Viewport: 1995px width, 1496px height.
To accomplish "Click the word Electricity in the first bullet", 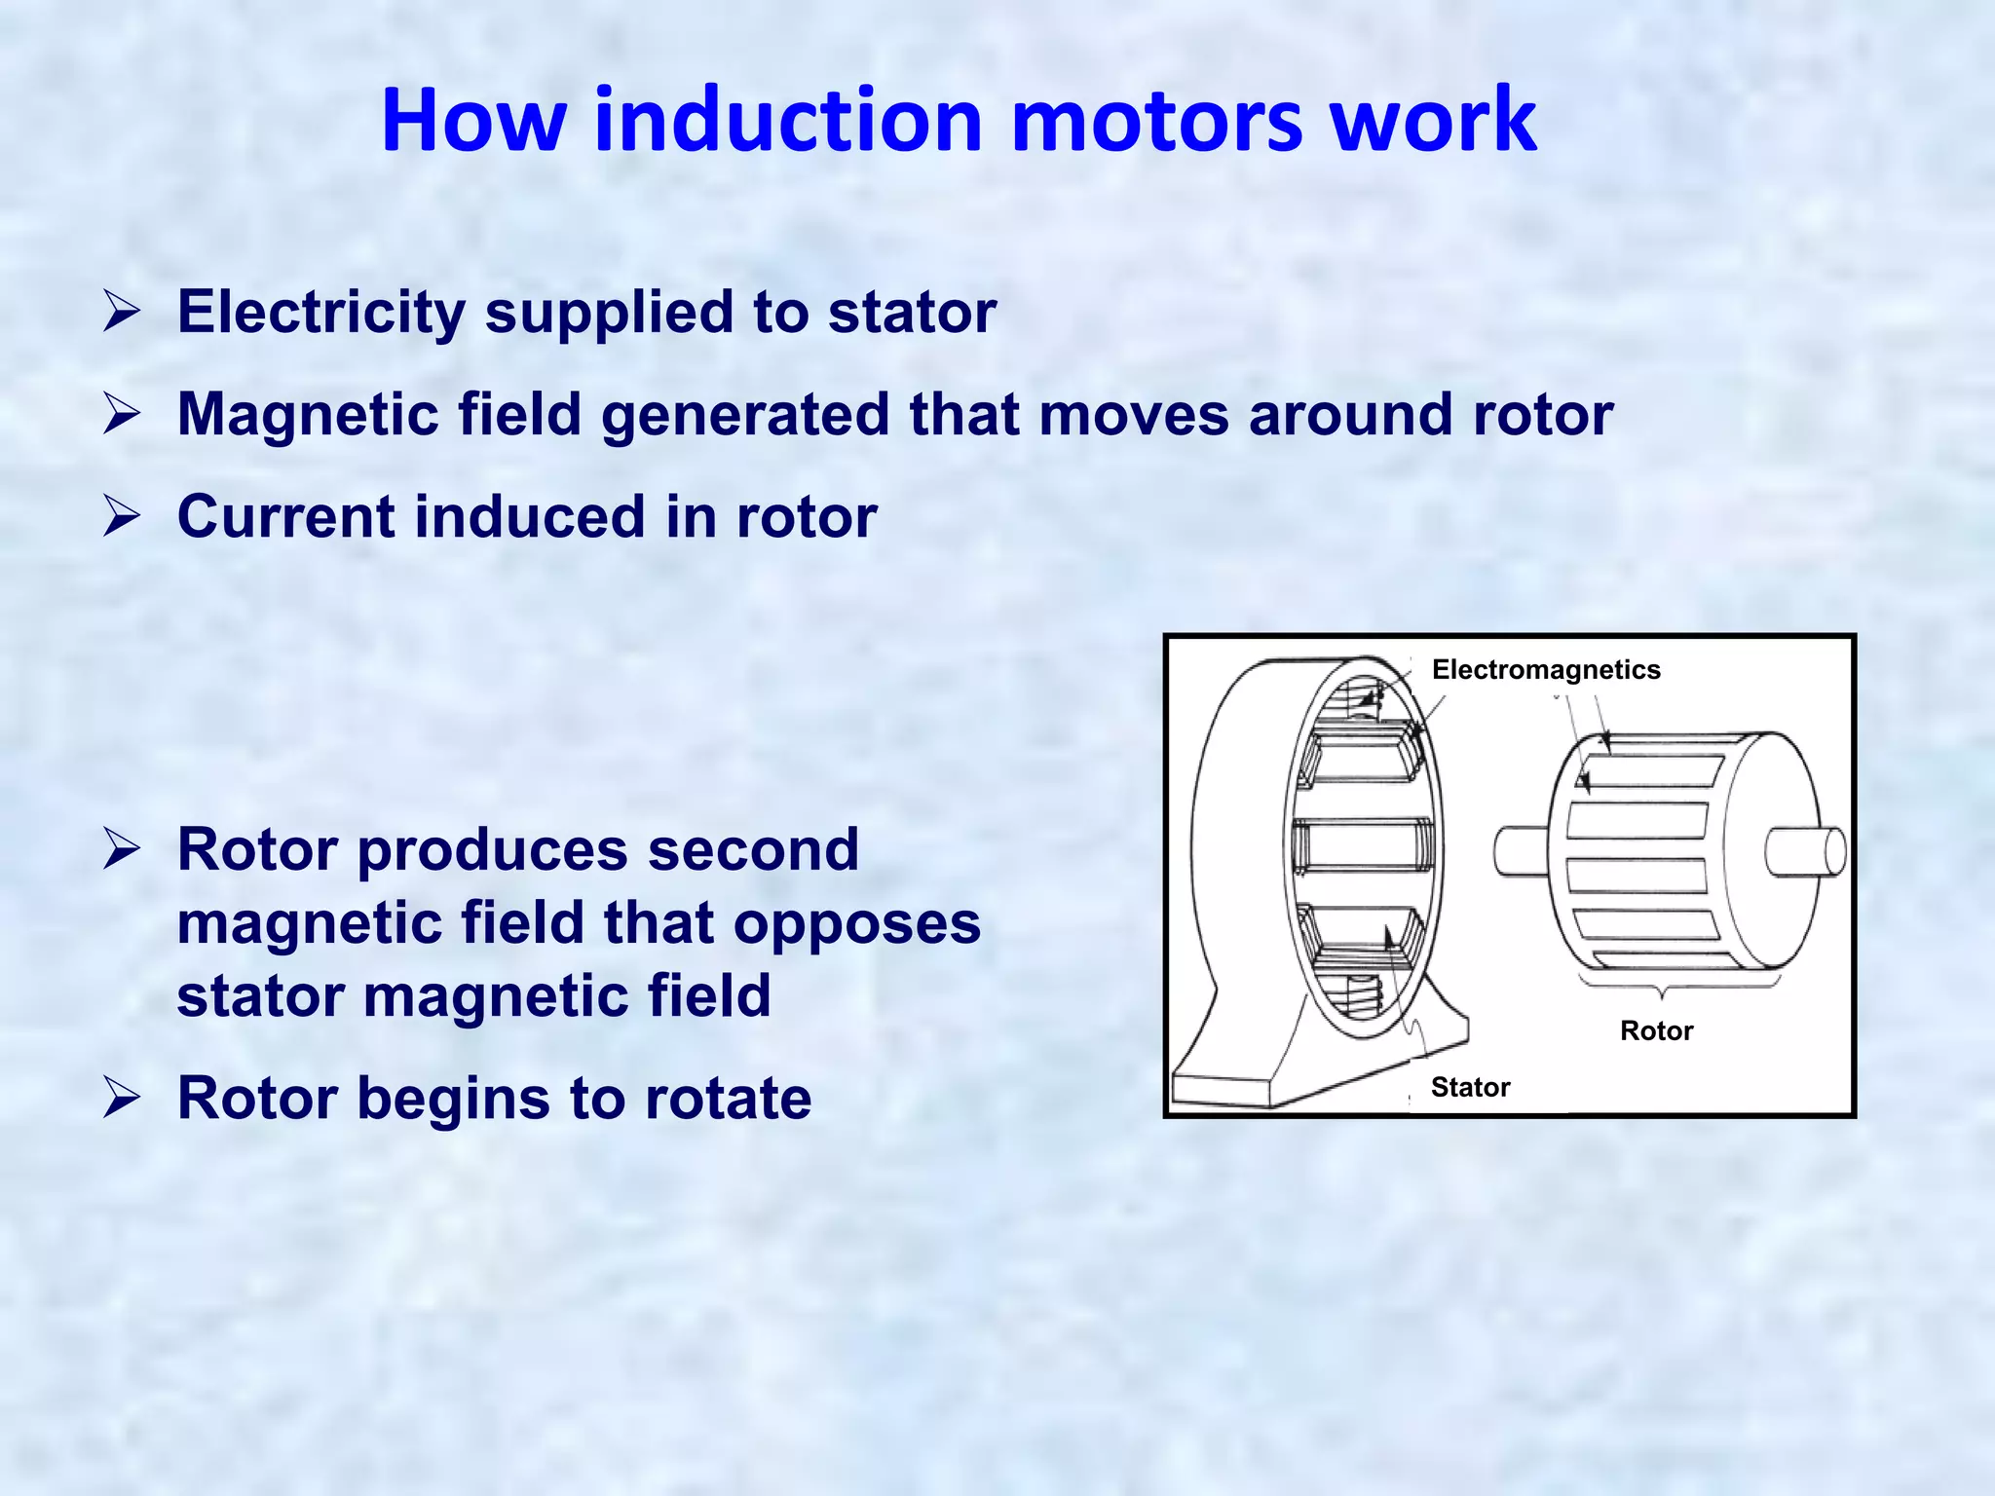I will [x=320, y=313].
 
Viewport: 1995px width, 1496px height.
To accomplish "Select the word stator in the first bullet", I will [x=912, y=313].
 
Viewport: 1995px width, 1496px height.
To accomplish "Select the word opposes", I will [x=856, y=923].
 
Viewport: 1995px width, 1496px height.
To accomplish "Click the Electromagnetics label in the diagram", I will [x=1546, y=670].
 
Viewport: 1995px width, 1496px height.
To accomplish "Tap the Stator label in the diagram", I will [x=1470, y=1087].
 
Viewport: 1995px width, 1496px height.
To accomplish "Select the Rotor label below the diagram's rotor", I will [x=1656, y=1030].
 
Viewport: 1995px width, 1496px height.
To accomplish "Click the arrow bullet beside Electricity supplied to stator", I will [x=123, y=313].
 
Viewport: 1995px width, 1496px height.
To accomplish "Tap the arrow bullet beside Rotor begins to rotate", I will [x=123, y=1099].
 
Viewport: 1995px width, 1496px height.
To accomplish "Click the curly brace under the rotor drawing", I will [x=1677, y=986].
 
